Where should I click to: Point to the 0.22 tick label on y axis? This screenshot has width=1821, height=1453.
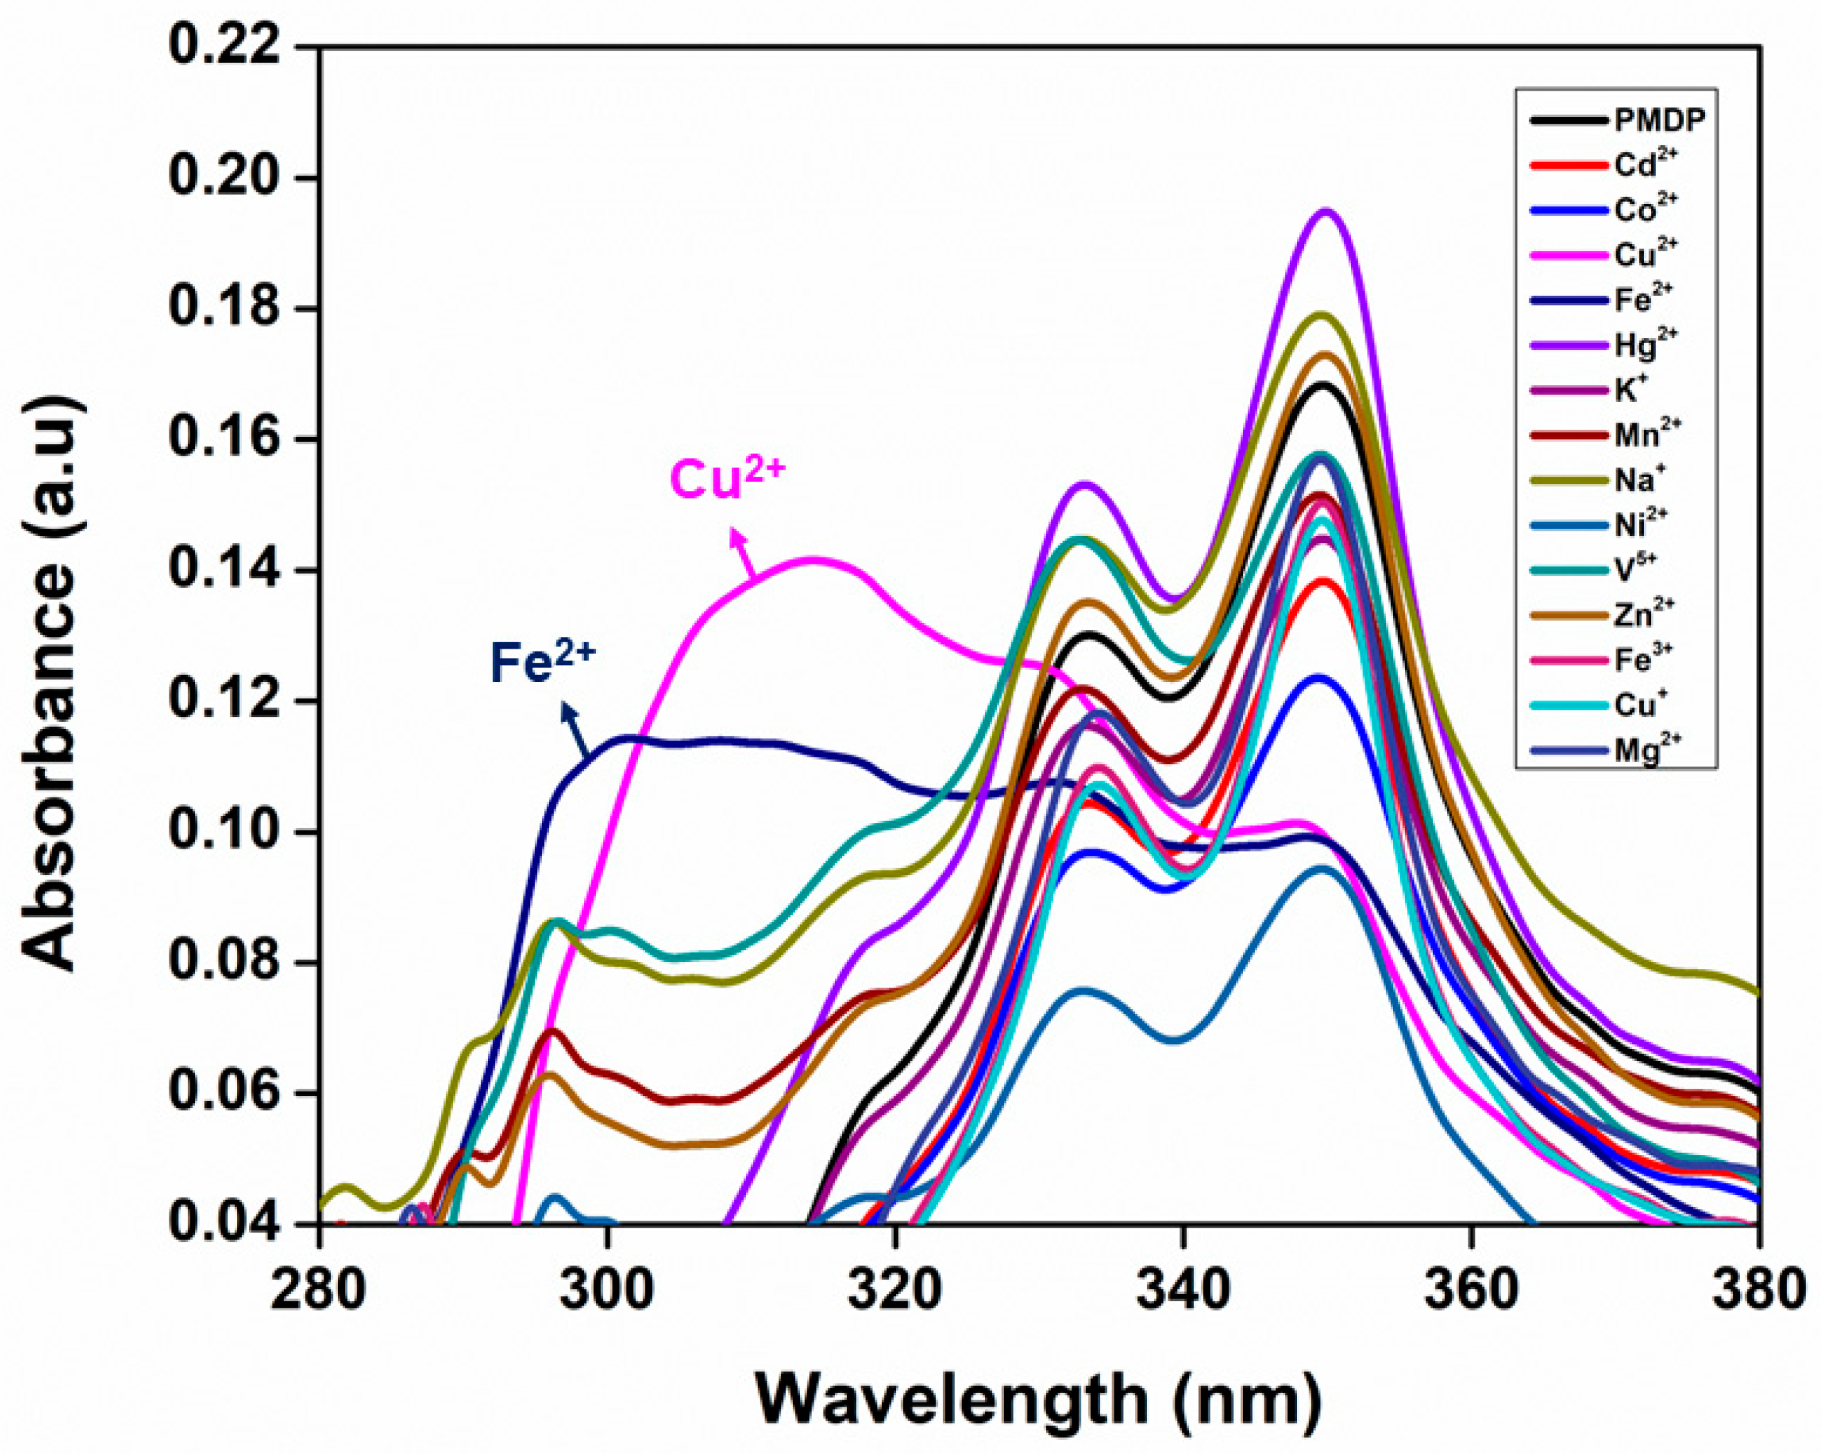pyautogui.click(x=224, y=46)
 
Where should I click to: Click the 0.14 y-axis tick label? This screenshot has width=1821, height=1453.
pyautogui.click(x=224, y=571)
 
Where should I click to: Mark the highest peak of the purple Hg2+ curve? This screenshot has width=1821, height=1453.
pyautogui.click(x=1325, y=211)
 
